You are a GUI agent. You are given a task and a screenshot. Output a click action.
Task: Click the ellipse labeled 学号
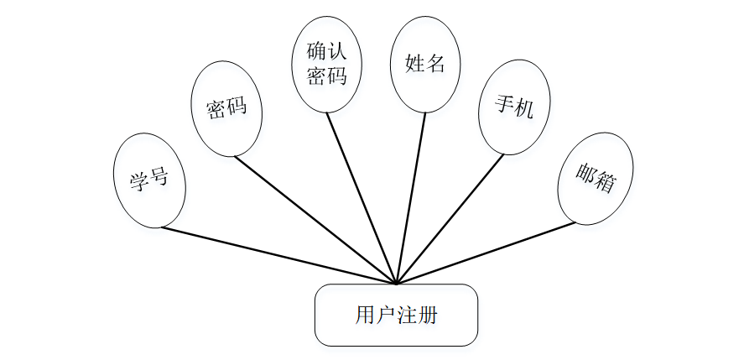tap(149, 180)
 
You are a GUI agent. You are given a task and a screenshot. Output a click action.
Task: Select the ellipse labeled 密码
tap(226, 109)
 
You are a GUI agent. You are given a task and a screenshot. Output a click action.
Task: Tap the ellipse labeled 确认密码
tap(327, 65)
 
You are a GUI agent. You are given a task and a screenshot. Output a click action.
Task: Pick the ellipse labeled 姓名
tap(424, 65)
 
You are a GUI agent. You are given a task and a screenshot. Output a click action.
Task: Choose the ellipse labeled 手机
tap(514, 107)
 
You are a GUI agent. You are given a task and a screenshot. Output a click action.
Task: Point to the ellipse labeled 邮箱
tap(596, 178)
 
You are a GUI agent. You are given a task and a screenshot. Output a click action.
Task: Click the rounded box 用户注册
tap(396, 315)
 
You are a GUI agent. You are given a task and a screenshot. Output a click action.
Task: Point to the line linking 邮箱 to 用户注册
tap(486, 253)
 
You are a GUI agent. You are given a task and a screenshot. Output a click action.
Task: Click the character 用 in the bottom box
tap(365, 316)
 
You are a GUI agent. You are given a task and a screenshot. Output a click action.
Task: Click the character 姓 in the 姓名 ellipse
tap(414, 64)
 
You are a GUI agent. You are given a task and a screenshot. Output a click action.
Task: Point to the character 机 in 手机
tap(523, 107)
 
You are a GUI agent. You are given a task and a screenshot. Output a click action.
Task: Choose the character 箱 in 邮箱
tap(605, 182)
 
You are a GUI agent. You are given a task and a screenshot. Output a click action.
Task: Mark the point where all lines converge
tap(396, 284)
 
